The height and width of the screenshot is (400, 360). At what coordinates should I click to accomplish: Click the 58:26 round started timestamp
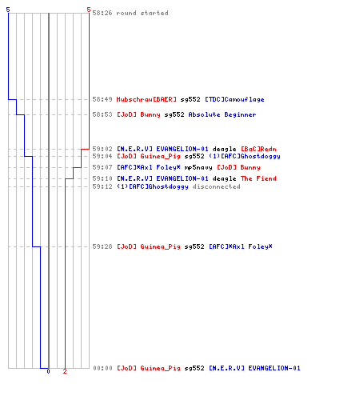(x=102, y=13)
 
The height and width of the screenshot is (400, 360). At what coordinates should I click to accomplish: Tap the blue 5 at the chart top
(x=8, y=10)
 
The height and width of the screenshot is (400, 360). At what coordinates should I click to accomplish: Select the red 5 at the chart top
(x=89, y=10)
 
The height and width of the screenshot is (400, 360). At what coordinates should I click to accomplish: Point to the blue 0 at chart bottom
(x=48, y=371)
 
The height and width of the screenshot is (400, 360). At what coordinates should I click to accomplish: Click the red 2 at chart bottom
(x=65, y=371)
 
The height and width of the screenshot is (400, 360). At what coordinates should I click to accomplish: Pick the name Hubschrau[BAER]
(x=146, y=99)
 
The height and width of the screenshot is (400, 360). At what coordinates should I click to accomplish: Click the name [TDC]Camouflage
(x=234, y=99)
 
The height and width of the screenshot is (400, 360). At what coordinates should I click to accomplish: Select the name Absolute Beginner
(x=222, y=114)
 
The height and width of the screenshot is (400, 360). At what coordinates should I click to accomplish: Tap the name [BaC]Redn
(x=258, y=149)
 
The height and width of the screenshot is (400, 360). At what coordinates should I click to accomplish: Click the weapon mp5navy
(x=198, y=167)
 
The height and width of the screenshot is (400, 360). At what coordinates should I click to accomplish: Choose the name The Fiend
(x=258, y=178)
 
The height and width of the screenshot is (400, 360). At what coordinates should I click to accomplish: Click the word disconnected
(x=216, y=186)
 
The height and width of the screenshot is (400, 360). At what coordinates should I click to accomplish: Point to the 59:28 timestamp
(x=102, y=246)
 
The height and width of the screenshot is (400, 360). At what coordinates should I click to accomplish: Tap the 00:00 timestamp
(x=102, y=368)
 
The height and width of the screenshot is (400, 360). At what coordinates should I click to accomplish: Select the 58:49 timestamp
(x=102, y=99)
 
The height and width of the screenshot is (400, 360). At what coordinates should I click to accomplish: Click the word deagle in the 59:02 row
(x=224, y=149)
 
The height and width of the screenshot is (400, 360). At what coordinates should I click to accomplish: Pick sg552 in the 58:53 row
(x=174, y=114)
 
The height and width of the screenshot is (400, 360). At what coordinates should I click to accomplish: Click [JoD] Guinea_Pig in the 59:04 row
(x=149, y=156)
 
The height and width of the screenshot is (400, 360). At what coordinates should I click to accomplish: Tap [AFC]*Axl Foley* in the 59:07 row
(x=149, y=167)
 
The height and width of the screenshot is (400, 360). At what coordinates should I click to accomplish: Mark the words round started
(x=142, y=13)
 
